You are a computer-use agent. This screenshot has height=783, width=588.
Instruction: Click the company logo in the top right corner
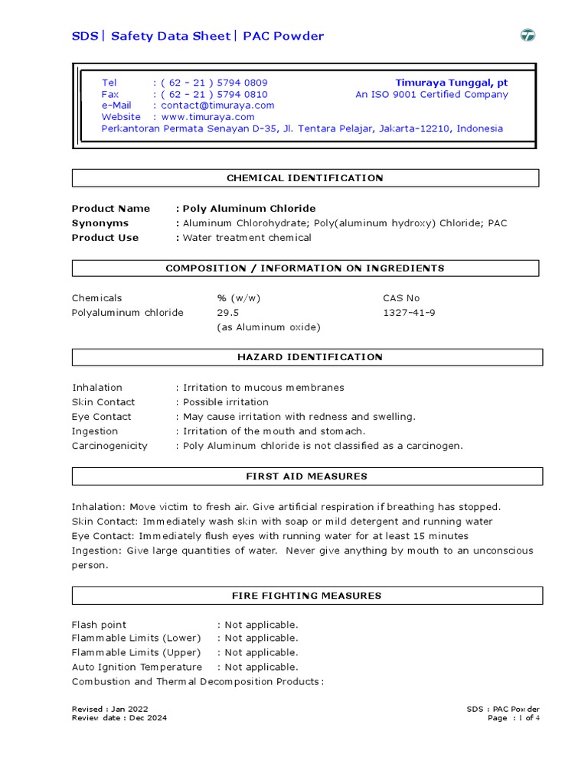tap(528, 35)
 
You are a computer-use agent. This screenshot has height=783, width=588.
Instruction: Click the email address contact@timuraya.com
tap(217, 106)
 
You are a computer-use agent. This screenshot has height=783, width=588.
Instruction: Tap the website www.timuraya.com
tap(207, 117)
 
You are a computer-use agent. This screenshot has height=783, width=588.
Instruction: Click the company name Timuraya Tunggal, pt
tap(451, 83)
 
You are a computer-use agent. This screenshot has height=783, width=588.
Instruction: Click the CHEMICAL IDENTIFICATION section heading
tap(305, 178)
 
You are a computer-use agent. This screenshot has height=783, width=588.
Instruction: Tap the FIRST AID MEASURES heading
tap(306, 476)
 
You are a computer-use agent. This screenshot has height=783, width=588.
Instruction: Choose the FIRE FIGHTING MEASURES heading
tap(306, 596)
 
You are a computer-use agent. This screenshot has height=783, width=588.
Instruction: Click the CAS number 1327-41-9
tap(410, 313)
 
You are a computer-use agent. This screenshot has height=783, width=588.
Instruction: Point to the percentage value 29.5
tap(228, 313)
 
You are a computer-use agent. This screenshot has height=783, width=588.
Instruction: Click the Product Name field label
tap(111, 209)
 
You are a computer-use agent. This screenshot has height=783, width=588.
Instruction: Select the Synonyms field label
tap(100, 223)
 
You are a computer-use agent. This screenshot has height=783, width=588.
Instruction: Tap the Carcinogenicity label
tap(109, 446)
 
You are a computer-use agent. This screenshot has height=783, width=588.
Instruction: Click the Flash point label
tap(100, 625)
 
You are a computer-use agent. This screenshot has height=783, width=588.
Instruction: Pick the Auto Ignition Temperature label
tap(137, 668)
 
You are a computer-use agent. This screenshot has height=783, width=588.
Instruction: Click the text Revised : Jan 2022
tap(110, 709)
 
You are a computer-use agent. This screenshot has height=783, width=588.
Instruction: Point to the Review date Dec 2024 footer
tap(119, 718)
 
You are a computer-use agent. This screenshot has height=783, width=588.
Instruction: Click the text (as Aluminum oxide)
tap(269, 327)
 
